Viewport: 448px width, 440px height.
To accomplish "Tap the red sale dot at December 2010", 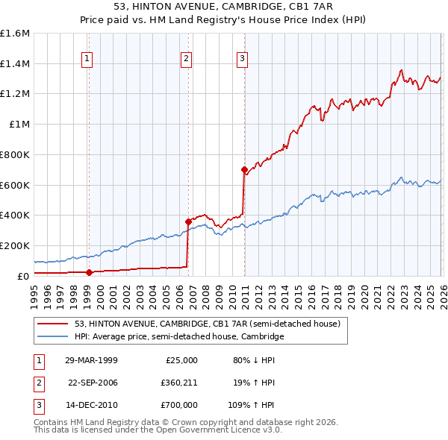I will pyautogui.click(x=243, y=169).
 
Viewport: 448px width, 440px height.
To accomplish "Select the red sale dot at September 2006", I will pyautogui.click(x=188, y=221).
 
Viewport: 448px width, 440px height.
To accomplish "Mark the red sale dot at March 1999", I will pyautogui.click(x=89, y=272).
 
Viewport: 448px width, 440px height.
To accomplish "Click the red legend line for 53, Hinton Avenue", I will pyautogui.click(x=53, y=324).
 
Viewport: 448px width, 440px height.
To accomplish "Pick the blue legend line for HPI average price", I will pyautogui.click(x=53, y=336).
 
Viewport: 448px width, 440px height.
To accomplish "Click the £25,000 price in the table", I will pyautogui.click(x=181, y=359).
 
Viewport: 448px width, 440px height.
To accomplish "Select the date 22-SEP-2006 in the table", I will pyautogui.click(x=93, y=383).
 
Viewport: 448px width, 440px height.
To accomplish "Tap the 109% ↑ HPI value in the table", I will pyautogui.click(x=252, y=406).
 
